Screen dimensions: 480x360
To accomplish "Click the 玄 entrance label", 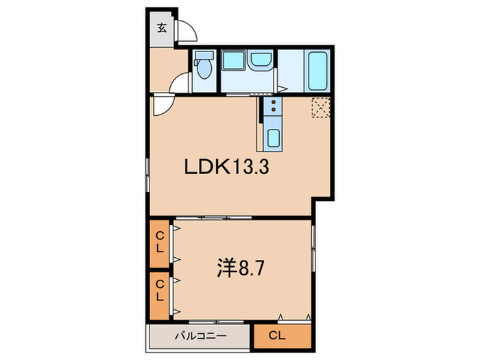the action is point(162,29).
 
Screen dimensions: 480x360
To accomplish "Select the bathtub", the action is point(317,71).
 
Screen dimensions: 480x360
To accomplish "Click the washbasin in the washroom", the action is point(261,59).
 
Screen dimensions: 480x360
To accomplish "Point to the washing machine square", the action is point(234,60).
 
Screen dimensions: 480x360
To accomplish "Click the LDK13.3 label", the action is point(226,167).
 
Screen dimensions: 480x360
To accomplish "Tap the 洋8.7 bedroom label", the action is point(240,268).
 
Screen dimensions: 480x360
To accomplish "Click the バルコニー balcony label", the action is point(201,336).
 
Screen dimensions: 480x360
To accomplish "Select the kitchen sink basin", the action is point(274,137).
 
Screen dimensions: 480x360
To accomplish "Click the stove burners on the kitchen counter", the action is point(274,106).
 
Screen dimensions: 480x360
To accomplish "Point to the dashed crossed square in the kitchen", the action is point(321,107).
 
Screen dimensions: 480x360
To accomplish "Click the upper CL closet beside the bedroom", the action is point(160,243).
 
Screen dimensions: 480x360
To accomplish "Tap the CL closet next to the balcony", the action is point(283,336).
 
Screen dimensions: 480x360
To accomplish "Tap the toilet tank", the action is point(204,55).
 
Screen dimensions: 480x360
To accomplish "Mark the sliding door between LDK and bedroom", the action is point(214,217).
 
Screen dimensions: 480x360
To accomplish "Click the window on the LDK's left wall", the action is point(147,175).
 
